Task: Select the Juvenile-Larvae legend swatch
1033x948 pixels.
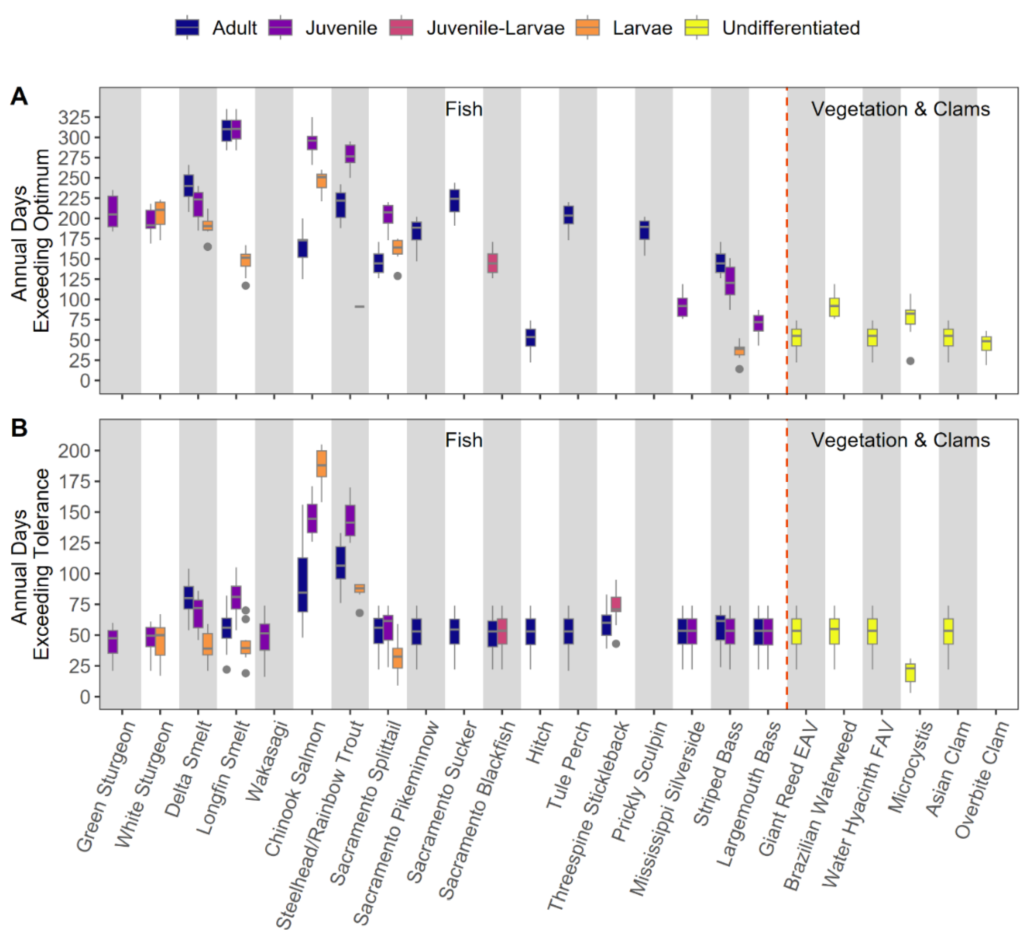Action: pos(402,28)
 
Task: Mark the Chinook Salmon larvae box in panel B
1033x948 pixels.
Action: pos(321,464)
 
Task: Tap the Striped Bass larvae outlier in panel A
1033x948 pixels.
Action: pos(739,369)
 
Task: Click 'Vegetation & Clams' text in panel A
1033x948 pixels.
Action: pos(900,109)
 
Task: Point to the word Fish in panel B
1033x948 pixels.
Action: pos(464,440)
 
